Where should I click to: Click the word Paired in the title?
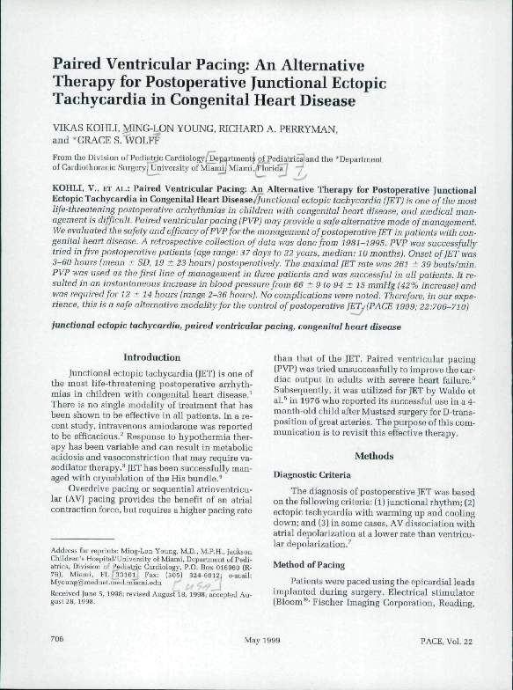(x=81, y=65)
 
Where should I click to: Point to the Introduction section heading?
(x=151, y=356)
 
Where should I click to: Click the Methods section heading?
(x=374, y=456)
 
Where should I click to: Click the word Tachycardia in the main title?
(x=97, y=100)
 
